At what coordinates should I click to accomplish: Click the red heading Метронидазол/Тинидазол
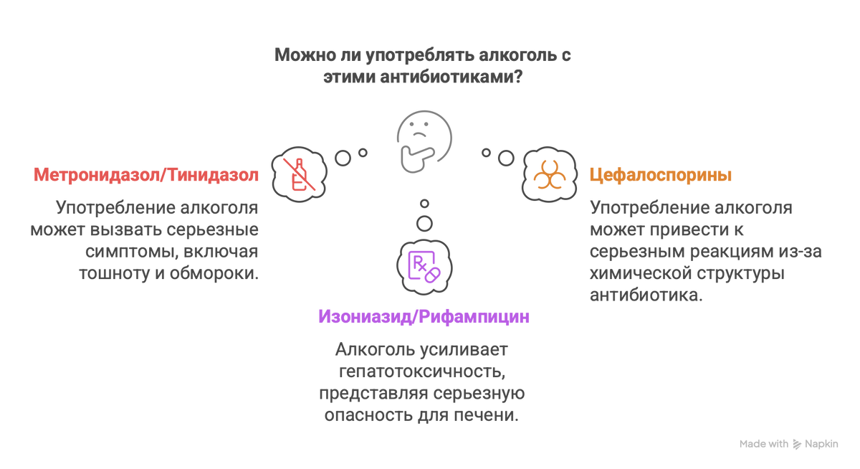coord(146,175)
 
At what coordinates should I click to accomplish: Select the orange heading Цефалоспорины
coord(660,175)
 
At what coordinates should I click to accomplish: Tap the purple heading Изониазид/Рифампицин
coord(424,317)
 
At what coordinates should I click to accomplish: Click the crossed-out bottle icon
coord(300,175)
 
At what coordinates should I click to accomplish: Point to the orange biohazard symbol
coord(550,175)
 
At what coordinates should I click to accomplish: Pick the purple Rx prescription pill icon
coord(424,267)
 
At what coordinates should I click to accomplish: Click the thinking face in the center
coord(424,142)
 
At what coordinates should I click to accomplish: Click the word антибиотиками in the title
coord(451,77)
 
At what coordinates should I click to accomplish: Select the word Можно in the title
coord(305,55)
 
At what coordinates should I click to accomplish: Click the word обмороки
coord(214,273)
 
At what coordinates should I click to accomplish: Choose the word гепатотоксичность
coord(422,371)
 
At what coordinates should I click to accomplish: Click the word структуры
coord(740,274)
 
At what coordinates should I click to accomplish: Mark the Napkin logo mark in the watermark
coord(797,445)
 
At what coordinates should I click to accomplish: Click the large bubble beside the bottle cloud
coord(343,158)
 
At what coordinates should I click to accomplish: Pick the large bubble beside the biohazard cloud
coord(506,158)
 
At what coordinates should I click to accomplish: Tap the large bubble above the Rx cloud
coord(424,223)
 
